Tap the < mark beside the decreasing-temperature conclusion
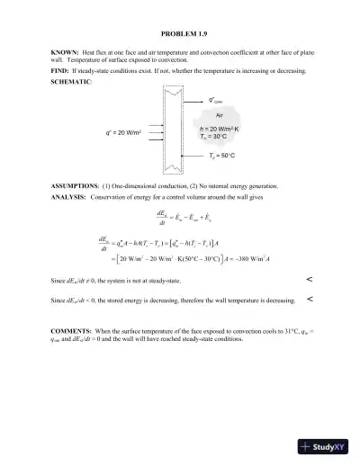pos(310,299)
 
